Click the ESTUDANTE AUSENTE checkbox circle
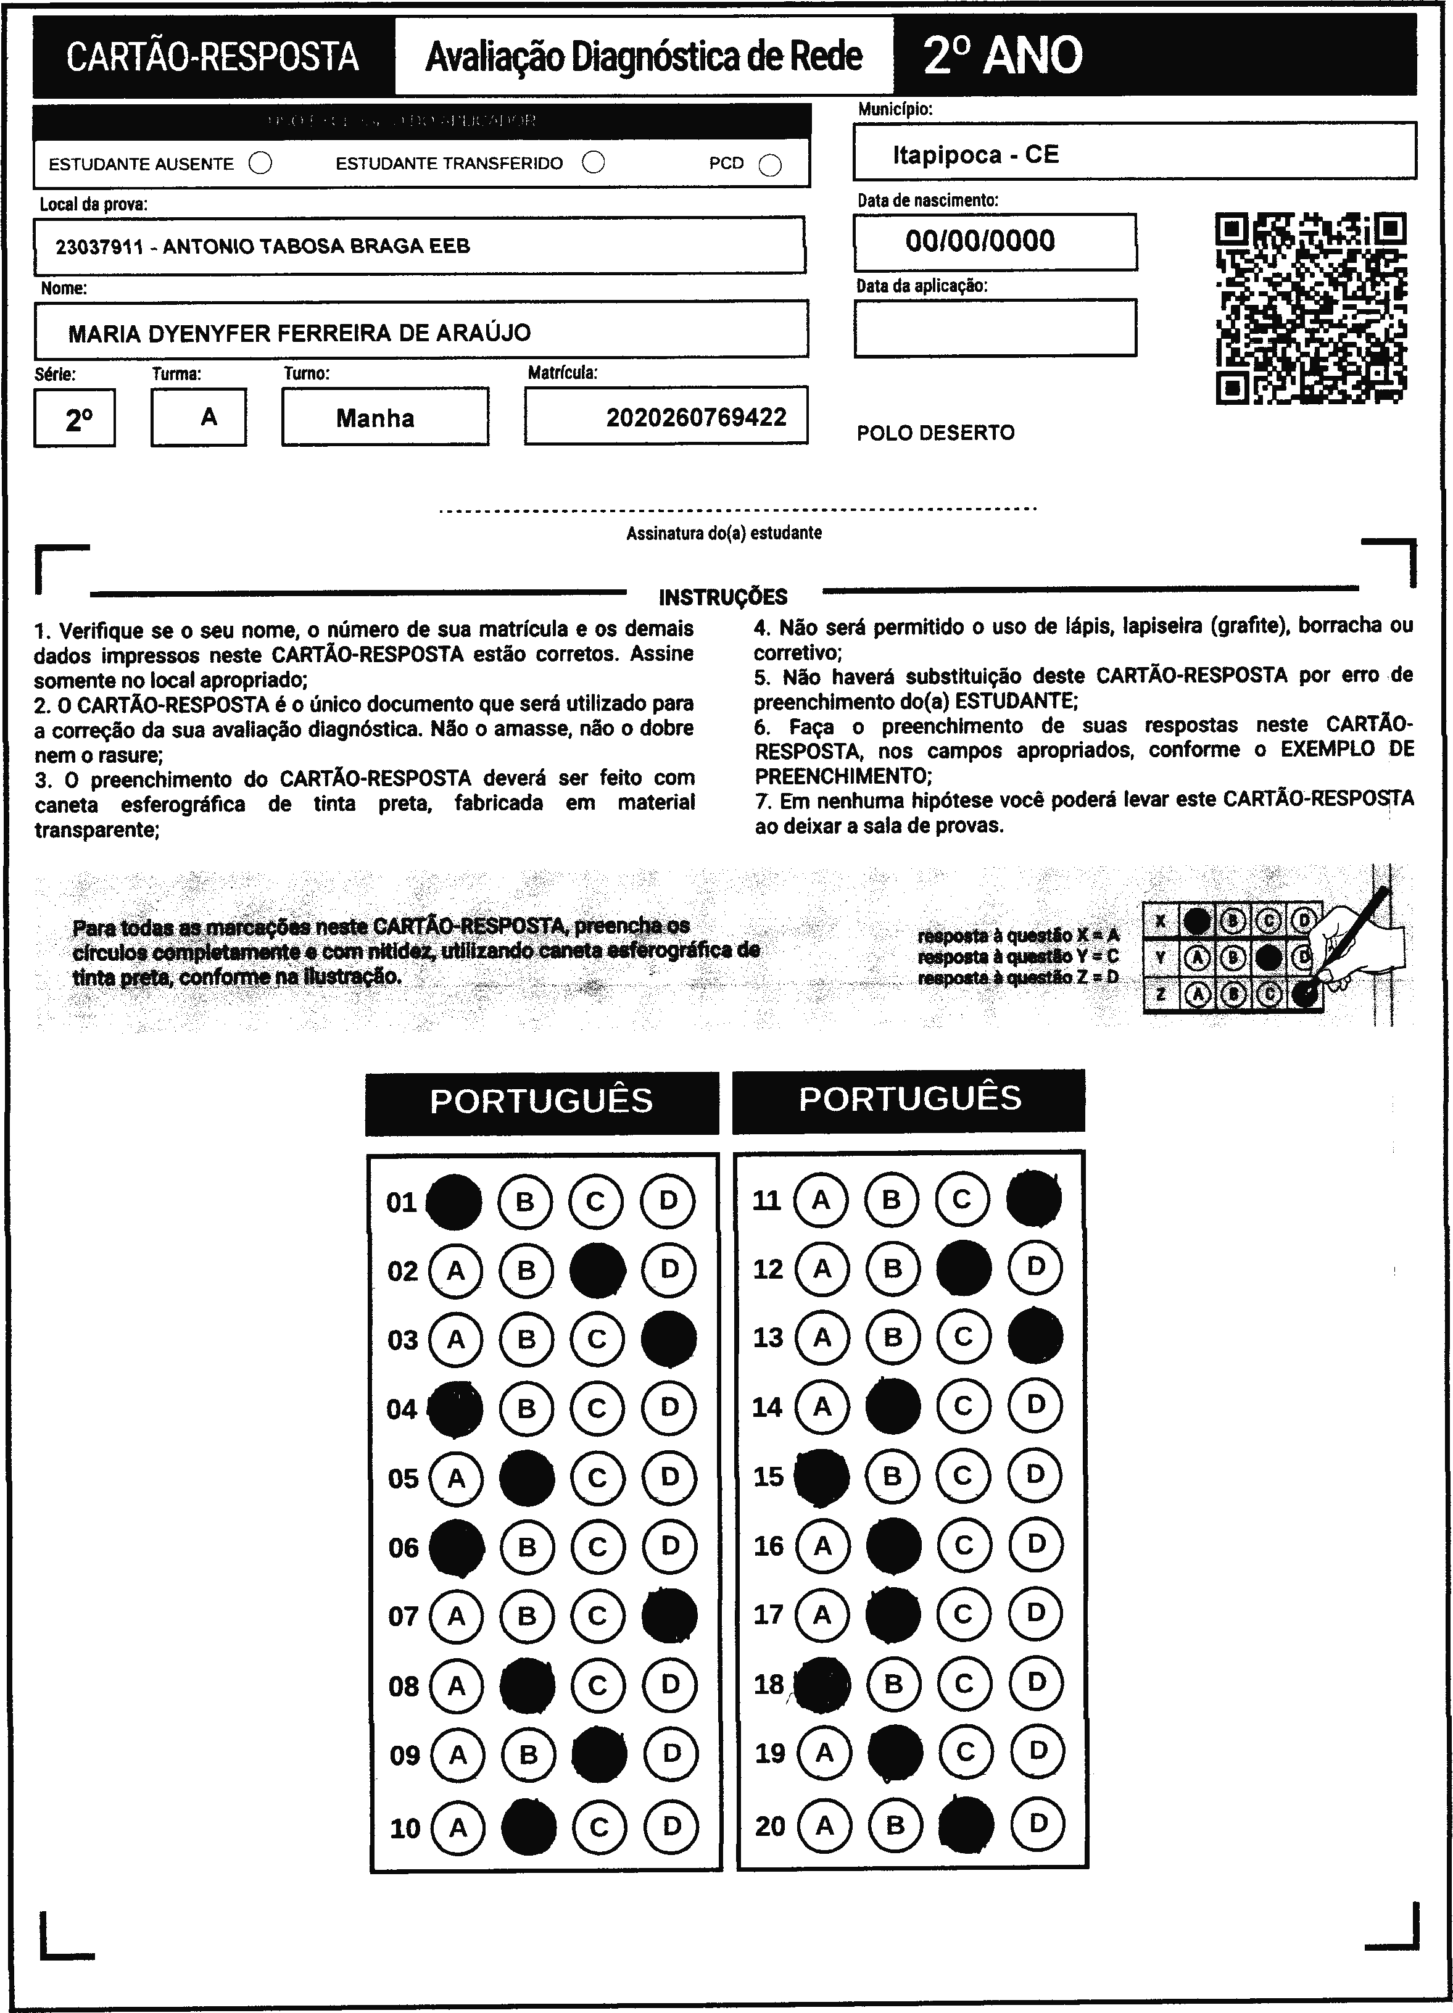click(x=260, y=164)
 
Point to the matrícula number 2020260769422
click(x=696, y=417)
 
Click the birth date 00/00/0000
click(x=980, y=241)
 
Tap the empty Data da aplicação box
click(x=994, y=328)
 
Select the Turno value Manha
click(x=375, y=418)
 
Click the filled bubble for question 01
click(x=453, y=1202)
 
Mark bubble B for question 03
click(x=526, y=1339)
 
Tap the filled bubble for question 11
click(x=1033, y=1198)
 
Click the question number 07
click(x=403, y=1616)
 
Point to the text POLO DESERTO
click(x=935, y=433)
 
